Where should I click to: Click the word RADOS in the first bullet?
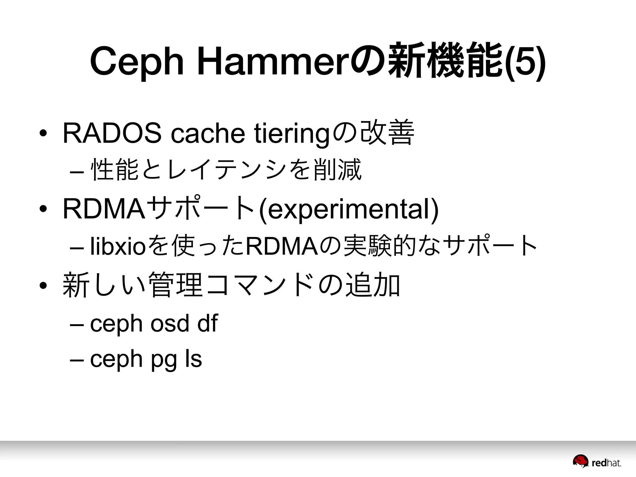(112, 133)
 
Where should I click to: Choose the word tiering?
(291, 134)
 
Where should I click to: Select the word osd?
(170, 323)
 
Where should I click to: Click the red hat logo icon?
(580, 461)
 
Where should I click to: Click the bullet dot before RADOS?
(43, 134)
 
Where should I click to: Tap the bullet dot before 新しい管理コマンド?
(43, 285)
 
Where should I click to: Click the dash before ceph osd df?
(77, 324)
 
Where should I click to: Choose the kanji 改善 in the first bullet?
(388, 133)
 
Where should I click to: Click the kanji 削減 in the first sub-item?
(338, 170)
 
